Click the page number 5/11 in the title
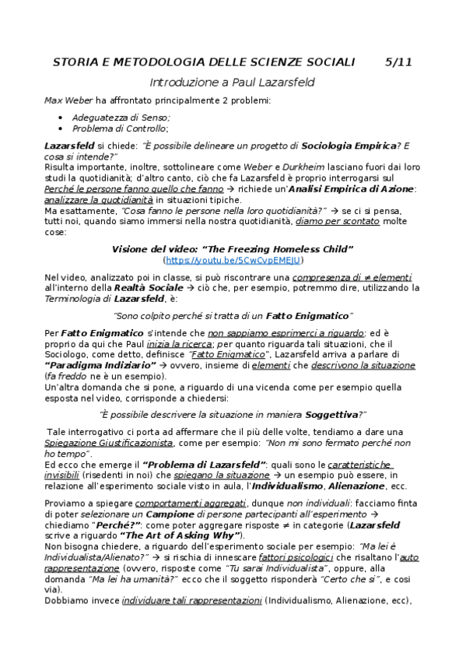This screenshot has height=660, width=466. pyautogui.click(x=399, y=62)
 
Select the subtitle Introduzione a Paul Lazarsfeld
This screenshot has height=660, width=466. pyautogui.click(x=232, y=82)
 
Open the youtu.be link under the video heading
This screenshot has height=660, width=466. pyautogui.click(x=233, y=261)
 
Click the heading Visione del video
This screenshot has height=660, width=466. pyautogui.click(x=233, y=249)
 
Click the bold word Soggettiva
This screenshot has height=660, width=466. pyautogui.click(x=331, y=414)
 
